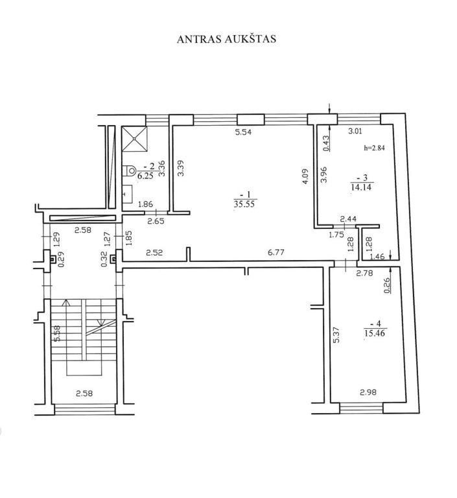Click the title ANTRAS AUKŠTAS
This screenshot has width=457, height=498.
tap(226, 38)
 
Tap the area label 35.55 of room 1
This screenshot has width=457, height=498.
tap(244, 204)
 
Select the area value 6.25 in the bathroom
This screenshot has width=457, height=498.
tap(146, 176)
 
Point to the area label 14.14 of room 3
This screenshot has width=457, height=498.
tap(362, 187)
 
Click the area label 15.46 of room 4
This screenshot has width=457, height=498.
tap(375, 333)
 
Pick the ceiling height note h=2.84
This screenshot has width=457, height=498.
tap(374, 148)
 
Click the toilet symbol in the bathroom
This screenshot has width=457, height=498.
tap(130, 171)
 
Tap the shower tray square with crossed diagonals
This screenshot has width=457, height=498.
tap(135, 139)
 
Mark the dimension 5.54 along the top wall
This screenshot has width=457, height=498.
tap(243, 132)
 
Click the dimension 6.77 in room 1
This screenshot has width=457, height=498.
tap(275, 252)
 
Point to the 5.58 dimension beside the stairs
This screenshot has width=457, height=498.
tap(58, 334)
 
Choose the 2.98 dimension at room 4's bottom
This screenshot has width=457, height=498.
tap(368, 392)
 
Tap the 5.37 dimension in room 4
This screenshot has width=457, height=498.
tap(336, 335)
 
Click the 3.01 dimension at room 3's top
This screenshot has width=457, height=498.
tap(355, 130)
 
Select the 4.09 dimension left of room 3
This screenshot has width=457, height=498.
tap(305, 176)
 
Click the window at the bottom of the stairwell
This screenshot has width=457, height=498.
tap(85, 409)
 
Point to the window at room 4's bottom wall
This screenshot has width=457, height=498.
tap(362, 408)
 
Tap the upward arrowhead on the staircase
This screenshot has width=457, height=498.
tap(66, 302)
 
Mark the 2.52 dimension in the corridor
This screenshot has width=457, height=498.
tap(154, 252)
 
